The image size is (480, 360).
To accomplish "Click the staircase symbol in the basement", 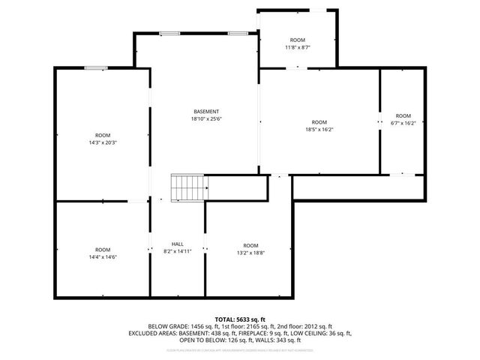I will (x=187, y=187).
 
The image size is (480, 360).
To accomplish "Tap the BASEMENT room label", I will (x=206, y=111).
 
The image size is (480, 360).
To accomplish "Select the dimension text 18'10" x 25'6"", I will (x=206, y=118).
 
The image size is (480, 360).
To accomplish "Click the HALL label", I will (x=178, y=244).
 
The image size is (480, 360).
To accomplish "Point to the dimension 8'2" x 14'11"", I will (x=178, y=251).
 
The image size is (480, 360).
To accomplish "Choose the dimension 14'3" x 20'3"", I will (x=103, y=142).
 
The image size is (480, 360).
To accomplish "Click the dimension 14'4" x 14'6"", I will (x=103, y=257).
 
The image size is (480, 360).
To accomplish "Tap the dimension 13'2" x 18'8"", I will (x=250, y=253).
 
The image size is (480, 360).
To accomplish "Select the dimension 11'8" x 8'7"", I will (x=298, y=47).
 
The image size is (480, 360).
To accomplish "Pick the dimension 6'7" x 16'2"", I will (x=403, y=123).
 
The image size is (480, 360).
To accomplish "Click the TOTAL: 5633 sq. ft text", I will (x=240, y=319).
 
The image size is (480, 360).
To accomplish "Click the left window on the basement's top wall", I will (x=169, y=33).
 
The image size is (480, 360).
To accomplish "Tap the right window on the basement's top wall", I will (x=238, y=33).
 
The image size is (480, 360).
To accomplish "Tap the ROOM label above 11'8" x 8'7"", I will (x=298, y=40).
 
